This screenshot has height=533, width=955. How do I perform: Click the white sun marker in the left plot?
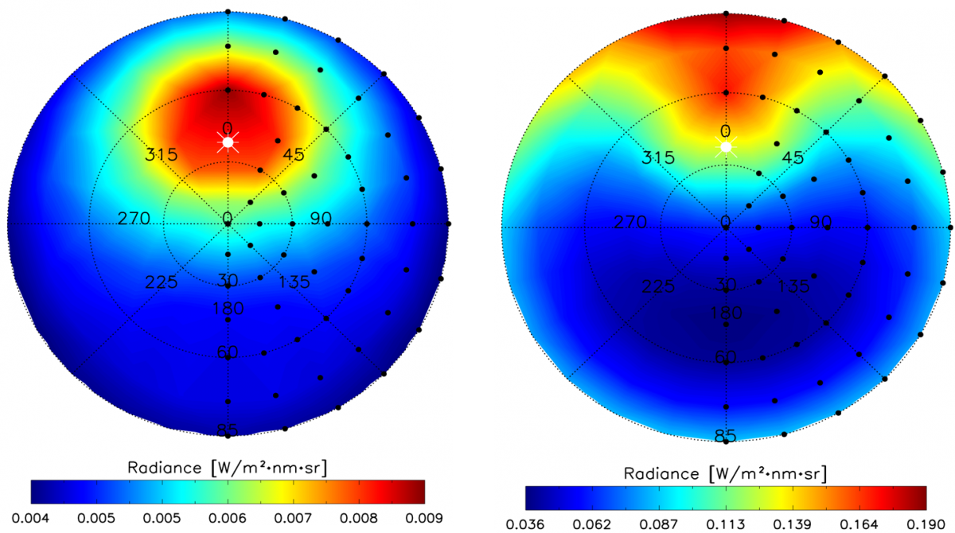pos(228,142)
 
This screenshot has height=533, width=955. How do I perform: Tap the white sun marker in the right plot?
pos(725,146)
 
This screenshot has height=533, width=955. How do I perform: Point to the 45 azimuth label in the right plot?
pos(793,158)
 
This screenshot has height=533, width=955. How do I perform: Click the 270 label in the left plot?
pos(133,218)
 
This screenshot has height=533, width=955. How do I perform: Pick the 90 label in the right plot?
pos(819,222)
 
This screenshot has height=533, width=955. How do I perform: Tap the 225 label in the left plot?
pos(160,282)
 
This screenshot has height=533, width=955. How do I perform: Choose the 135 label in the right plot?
pos(793,286)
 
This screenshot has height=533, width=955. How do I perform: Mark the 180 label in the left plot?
pos(228,309)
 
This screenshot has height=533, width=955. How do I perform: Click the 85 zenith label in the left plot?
pos(228,430)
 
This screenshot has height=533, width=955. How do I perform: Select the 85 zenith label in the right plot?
pos(725,436)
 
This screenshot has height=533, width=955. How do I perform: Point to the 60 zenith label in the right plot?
pos(725,357)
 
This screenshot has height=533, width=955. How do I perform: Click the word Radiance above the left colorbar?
pos(160,468)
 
